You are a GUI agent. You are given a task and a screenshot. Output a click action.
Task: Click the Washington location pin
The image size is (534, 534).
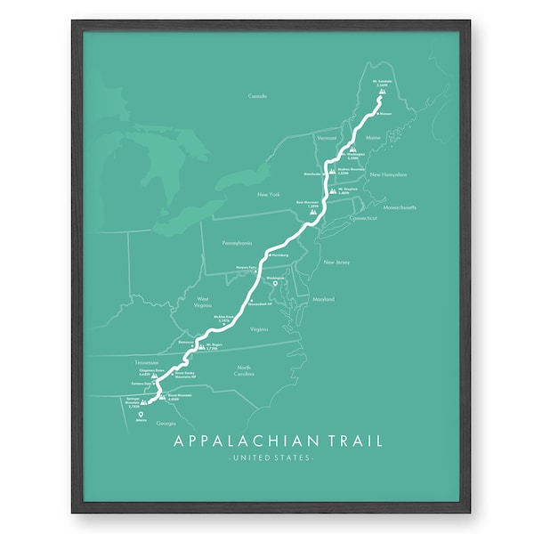(x=287, y=283)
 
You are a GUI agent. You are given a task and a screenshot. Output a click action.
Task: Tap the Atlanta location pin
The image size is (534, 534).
(x=141, y=412)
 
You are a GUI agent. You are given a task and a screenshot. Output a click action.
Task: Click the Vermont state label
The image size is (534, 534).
(x=327, y=139)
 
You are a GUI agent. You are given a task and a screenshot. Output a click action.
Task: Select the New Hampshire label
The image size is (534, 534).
(x=388, y=174)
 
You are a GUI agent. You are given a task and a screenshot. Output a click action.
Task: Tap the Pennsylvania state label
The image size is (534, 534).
(x=238, y=242)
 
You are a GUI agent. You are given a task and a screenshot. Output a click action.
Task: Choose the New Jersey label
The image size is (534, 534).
(x=336, y=263)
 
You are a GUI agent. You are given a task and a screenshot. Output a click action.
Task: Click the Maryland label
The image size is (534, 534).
(x=323, y=300)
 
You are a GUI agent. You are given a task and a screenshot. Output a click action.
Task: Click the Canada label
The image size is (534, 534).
(x=257, y=95)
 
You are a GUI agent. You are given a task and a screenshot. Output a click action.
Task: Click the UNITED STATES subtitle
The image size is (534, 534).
(x=271, y=458)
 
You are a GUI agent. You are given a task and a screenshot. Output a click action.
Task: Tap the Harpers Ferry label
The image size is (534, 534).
(x=246, y=266)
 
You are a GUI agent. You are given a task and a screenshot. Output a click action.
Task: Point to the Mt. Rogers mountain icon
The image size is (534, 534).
(x=201, y=345)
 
